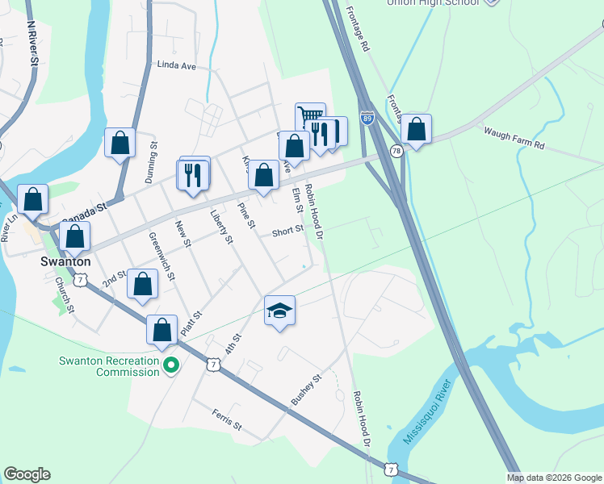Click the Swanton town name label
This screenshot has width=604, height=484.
(65, 262)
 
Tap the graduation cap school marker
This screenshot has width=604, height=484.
(279, 311)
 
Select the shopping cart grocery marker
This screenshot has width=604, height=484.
(309, 117)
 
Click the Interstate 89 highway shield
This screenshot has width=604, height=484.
(367, 119)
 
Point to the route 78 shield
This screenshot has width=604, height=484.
(396, 151)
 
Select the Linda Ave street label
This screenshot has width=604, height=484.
(177, 65)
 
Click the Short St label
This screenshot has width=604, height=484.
(287, 231)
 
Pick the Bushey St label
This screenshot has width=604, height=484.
(306, 390)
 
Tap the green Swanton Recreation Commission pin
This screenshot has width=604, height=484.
(170, 366)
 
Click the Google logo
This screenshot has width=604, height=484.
(27, 474)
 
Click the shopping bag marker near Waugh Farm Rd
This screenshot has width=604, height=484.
(416, 129)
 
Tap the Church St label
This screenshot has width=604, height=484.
(65, 295)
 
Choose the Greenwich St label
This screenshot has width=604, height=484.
(162, 256)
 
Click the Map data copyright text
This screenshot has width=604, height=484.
(553, 478)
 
